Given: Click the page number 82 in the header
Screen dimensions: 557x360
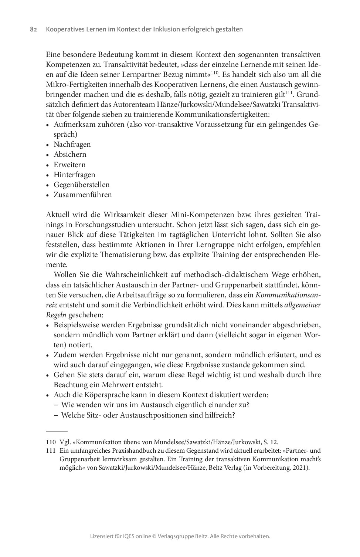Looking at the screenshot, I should (33, 29).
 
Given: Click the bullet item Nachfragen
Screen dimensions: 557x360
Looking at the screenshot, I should (72, 145).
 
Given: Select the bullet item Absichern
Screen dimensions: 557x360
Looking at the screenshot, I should (70, 155).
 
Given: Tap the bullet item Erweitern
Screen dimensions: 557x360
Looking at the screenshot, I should (69, 165).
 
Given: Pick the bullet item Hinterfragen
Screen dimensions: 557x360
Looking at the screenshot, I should (74, 175).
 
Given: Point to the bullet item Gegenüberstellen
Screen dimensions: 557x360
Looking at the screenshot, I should (81, 185).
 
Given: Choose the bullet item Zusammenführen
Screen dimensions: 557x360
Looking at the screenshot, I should (82, 195).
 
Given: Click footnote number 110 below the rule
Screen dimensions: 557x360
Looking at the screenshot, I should (51, 442).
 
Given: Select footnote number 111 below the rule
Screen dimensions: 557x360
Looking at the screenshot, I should (51, 451).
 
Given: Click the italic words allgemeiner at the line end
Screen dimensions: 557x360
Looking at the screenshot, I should (302, 305).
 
